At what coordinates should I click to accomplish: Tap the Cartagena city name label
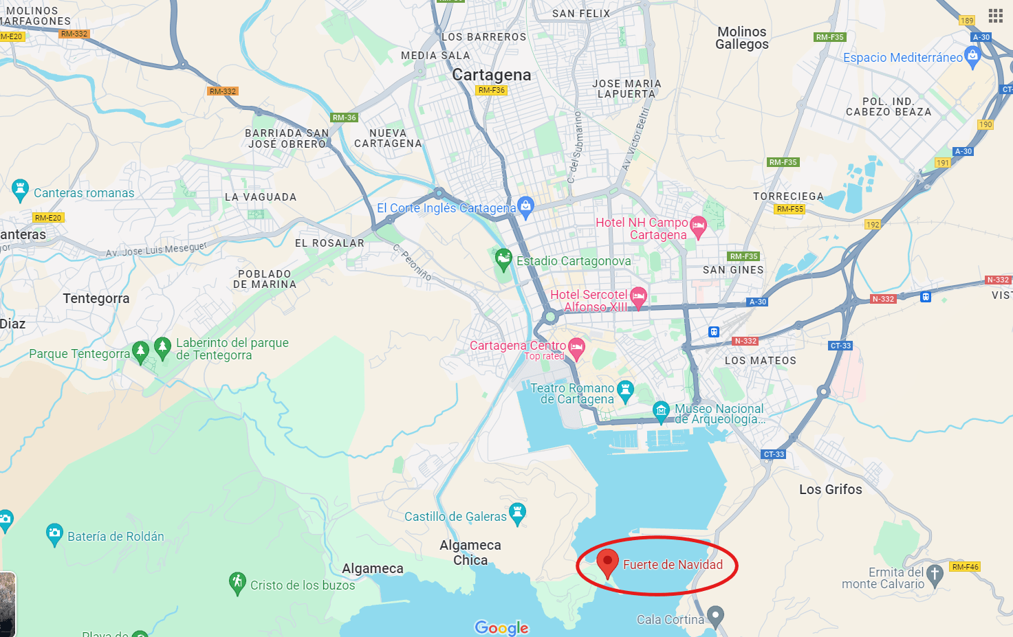491,75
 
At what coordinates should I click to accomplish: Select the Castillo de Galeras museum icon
518,513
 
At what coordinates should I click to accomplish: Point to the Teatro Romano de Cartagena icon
625,391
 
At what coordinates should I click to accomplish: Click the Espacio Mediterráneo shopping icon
972,57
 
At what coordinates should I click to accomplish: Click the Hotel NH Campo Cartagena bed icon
699,226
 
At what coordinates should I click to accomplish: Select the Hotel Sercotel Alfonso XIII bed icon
638,297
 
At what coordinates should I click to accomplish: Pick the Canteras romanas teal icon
20,190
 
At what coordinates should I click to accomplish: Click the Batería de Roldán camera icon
54,533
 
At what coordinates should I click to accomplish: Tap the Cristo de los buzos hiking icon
237,583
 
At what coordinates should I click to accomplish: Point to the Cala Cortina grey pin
716,616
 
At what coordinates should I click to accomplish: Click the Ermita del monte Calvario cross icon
935,574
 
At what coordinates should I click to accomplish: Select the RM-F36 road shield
491,90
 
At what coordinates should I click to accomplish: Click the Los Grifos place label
830,489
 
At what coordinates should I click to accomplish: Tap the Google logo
501,627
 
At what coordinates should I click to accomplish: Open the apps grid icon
995,16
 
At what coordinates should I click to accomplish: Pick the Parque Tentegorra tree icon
140,352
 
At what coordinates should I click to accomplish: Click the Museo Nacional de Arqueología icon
661,411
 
